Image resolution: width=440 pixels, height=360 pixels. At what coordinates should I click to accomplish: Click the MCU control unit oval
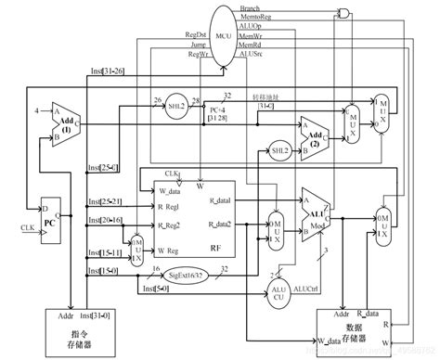tap(220, 34)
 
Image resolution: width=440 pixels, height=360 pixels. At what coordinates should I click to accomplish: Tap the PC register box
tap(52, 223)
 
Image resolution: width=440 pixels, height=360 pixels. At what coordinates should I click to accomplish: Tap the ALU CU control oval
tap(276, 289)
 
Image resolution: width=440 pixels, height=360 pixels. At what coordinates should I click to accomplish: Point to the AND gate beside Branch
tap(344, 14)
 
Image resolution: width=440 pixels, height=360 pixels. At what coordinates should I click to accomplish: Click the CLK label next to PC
tap(26, 225)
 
